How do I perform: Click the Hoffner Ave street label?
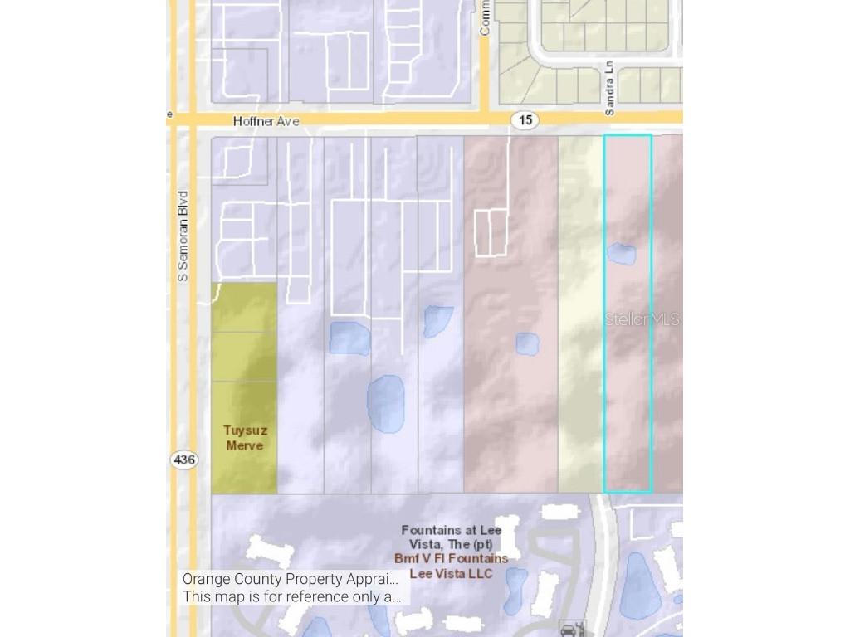[x=266, y=121]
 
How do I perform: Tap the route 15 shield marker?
[x=525, y=120]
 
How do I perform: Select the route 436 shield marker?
[x=184, y=459]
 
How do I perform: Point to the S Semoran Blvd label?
[x=183, y=236]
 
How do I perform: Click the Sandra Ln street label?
[x=610, y=87]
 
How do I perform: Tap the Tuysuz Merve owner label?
[x=243, y=438]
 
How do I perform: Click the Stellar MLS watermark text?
[x=642, y=319]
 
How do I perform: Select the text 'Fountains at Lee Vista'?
[x=450, y=537]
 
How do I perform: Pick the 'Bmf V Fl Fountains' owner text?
[x=451, y=559]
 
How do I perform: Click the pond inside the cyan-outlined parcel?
[x=621, y=254]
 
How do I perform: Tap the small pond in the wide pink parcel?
[x=527, y=343]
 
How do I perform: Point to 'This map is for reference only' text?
[x=292, y=596]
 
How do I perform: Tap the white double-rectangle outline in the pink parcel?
[x=490, y=232]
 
